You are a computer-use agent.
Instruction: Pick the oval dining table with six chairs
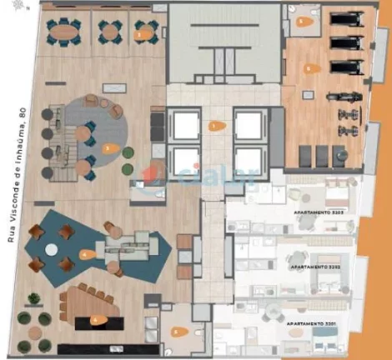[x=65, y=32]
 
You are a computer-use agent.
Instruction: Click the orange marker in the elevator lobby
[x=217, y=127]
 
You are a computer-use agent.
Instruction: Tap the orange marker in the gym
[x=309, y=69]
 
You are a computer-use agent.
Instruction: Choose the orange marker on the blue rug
[x=86, y=253]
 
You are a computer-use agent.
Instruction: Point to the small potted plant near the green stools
[x=128, y=152]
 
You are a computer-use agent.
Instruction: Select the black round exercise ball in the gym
[x=339, y=153]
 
